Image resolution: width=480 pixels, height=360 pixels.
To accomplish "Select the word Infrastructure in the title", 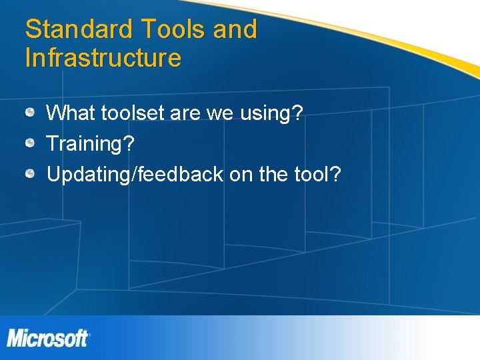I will point(103,58).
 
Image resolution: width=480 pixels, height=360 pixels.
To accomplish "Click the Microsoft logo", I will point(48,338).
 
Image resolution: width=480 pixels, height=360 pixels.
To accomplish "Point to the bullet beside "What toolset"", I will point(31,113).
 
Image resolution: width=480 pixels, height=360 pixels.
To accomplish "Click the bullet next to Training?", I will point(31,143).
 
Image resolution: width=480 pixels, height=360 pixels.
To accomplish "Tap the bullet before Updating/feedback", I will point(31,174).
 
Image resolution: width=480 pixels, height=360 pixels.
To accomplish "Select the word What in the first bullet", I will point(71,113).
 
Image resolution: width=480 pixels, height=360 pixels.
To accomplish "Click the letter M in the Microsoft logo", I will point(17,338).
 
